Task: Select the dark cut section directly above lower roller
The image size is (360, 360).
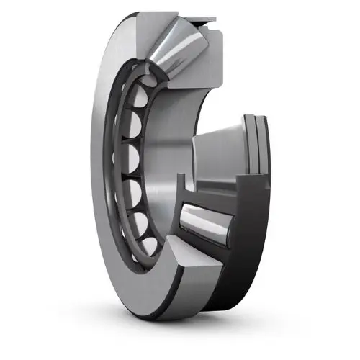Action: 216,194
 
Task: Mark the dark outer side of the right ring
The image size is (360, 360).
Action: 252,238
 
